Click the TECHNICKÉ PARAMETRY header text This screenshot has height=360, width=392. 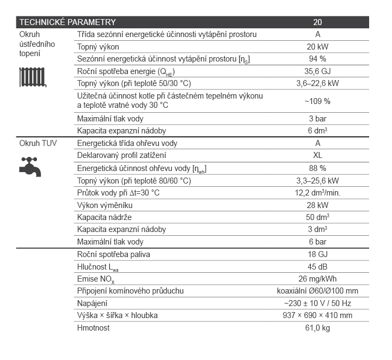pos(68,22)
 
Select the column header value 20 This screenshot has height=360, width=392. pos(317,22)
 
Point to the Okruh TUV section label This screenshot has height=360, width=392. pos(38,143)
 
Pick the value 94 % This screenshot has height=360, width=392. pos(317,59)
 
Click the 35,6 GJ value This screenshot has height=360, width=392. pos(317,71)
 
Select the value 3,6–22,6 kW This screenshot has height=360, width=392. pos(317,83)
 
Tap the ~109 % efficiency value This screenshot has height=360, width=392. pos(317,101)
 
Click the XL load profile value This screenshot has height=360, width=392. pos(317,156)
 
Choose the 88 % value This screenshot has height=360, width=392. pos(317,168)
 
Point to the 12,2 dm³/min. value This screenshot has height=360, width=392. pos(317,193)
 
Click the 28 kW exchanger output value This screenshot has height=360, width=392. pos(317,205)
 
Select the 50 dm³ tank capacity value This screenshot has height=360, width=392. pos(317,217)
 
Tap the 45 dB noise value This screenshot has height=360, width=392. pos(317,266)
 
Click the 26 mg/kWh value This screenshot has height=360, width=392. pos(317,279)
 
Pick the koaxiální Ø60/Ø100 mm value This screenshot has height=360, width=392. pos(317,291)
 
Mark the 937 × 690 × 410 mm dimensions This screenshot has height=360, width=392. pos(317,315)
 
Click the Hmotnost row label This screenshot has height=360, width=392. pos(94,328)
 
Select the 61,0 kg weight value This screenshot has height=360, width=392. pos(317,328)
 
